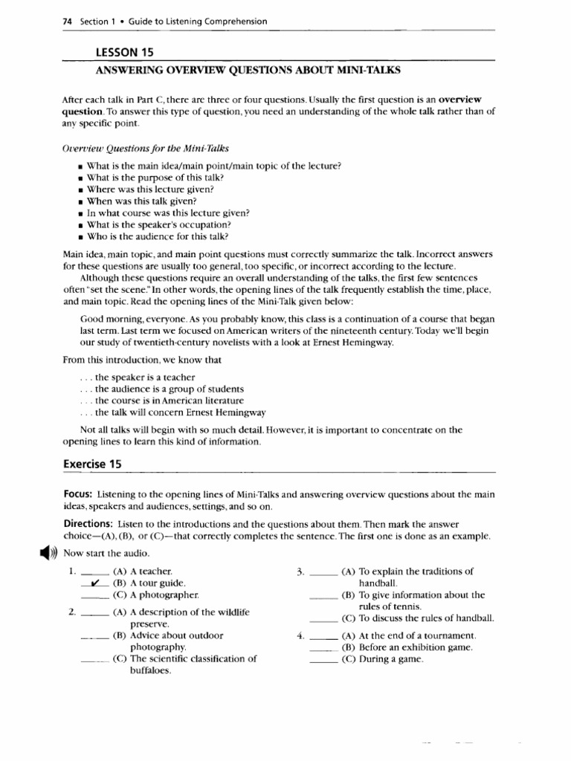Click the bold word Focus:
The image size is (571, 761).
tap(77, 494)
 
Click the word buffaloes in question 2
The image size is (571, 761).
tap(151, 670)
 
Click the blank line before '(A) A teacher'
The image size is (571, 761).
tap(95, 573)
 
